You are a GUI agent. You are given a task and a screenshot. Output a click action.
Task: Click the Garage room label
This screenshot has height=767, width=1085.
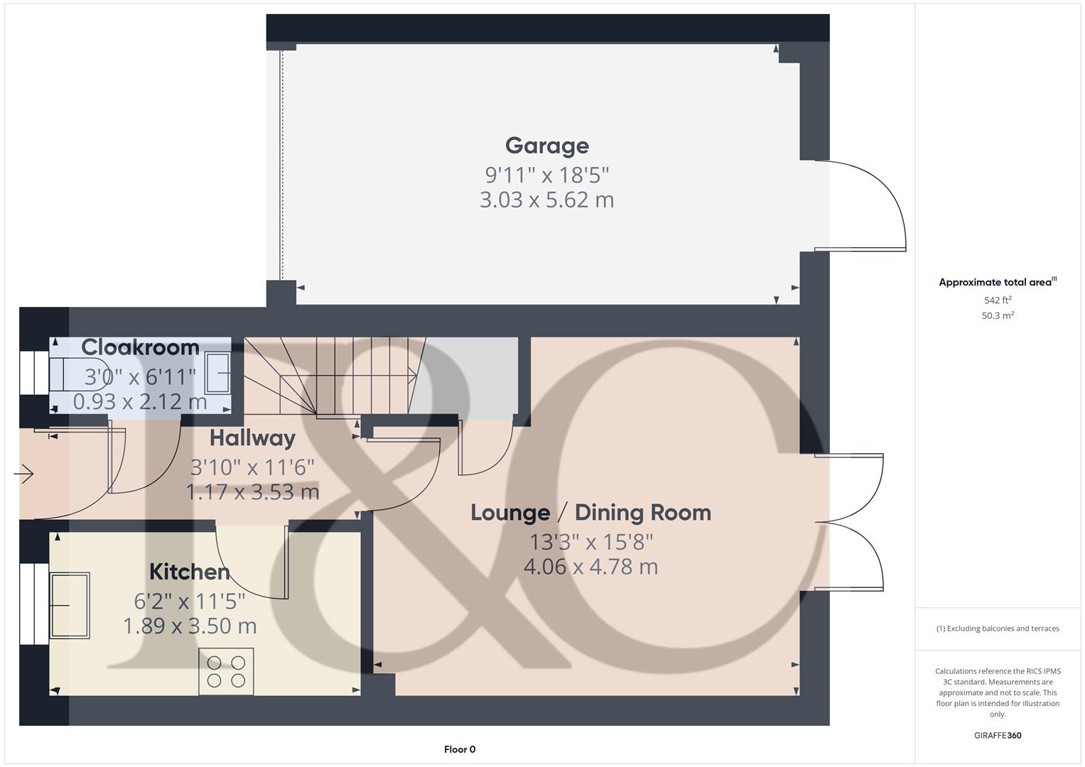546,146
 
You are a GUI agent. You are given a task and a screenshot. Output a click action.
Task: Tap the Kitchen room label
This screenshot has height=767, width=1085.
190,572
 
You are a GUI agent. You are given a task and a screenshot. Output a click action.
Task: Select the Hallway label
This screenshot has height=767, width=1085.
252,438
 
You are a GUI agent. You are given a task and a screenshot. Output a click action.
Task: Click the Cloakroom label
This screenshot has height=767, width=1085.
140,347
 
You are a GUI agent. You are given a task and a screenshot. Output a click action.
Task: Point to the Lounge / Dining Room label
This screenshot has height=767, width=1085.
590,513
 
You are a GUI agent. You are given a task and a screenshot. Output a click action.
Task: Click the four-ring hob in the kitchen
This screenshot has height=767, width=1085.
226,671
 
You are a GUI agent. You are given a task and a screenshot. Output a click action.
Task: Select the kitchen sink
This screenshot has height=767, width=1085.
70,605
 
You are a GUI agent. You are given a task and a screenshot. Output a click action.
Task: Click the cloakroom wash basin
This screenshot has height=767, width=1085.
217,373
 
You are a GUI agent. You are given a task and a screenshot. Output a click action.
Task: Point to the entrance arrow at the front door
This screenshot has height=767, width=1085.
24,473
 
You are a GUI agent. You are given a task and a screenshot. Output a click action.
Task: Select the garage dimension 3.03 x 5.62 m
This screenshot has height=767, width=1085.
546,200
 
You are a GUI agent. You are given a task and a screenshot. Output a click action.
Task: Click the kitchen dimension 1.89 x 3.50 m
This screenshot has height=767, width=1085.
190,626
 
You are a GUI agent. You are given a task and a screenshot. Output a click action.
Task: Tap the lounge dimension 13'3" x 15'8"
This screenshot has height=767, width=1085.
590,542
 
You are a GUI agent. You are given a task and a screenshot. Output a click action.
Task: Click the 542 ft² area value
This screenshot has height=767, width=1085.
998,300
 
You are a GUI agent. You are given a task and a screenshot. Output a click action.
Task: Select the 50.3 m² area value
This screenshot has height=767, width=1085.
998,316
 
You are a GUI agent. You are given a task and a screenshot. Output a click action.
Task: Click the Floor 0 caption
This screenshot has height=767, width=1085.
460,749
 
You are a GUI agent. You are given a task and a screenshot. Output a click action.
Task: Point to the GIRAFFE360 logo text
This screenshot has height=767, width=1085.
998,736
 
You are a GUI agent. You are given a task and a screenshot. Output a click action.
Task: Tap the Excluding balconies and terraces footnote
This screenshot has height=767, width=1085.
998,629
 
